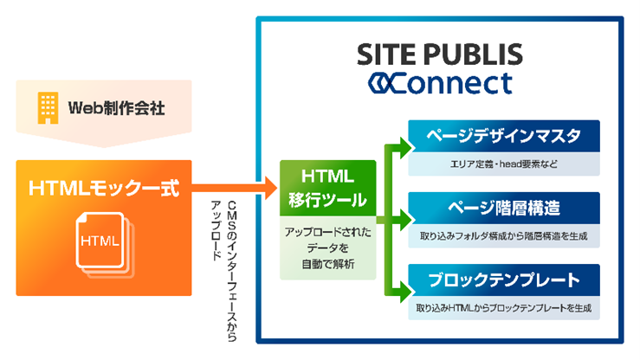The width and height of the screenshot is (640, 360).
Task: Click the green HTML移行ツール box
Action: tap(327, 190)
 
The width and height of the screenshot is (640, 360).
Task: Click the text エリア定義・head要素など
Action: tap(503, 162)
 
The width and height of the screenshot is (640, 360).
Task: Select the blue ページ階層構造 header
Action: tap(503, 209)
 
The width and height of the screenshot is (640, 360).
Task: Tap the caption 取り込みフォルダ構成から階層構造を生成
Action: tap(503, 235)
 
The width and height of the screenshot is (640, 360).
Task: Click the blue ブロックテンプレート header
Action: tap(503, 280)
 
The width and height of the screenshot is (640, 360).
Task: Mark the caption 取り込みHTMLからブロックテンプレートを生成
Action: tap(503, 307)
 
